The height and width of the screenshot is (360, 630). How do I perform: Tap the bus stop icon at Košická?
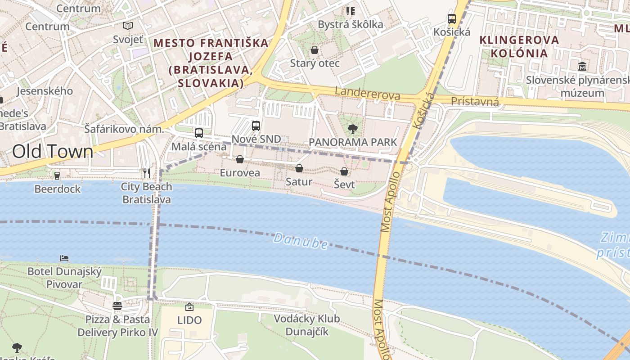click(x=452, y=19)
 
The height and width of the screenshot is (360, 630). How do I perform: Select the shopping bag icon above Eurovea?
click(x=240, y=159)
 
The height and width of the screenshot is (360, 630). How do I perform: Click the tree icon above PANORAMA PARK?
click(x=353, y=129)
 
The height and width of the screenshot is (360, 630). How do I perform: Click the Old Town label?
click(x=53, y=152)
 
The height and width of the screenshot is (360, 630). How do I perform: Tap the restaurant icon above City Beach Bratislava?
click(x=146, y=173)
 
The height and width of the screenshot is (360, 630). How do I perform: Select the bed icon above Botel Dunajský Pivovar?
click(x=64, y=258)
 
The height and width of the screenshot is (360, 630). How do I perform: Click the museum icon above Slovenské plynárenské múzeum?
click(x=583, y=66)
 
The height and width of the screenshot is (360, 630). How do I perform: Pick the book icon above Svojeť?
click(x=128, y=26)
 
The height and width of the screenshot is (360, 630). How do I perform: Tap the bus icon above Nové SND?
click(x=256, y=126)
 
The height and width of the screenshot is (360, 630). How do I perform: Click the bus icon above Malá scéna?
click(x=198, y=133)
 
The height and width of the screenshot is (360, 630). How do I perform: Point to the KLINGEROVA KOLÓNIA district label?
click(x=519, y=47)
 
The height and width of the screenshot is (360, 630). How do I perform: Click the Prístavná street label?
click(x=475, y=102)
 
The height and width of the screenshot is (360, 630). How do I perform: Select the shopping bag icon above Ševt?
click(x=344, y=171)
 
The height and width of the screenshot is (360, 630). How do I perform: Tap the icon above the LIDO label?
click(x=189, y=307)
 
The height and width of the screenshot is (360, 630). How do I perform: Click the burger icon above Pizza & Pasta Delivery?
click(x=117, y=306)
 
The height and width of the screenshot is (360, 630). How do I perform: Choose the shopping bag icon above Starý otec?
click(x=315, y=49)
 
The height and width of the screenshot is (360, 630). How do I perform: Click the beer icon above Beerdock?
click(x=57, y=175)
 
